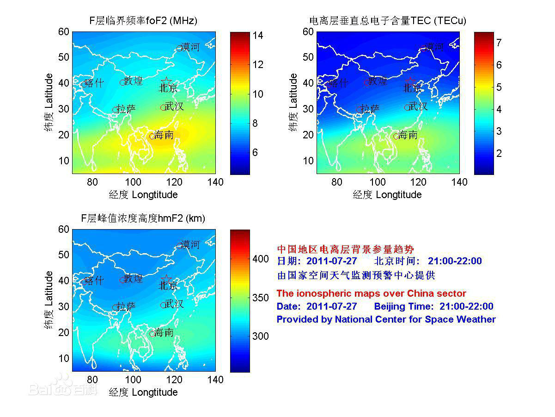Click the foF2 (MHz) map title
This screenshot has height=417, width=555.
click(x=143, y=21)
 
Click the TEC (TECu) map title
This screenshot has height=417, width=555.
click(x=387, y=21)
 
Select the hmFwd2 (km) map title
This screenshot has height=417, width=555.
click(x=143, y=218)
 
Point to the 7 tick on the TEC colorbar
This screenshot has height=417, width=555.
click(x=499, y=43)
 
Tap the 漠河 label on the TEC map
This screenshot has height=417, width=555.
click(x=434, y=47)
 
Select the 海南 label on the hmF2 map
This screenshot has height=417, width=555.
click(x=164, y=332)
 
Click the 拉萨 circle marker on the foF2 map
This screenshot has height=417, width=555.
click(x=116, y=110)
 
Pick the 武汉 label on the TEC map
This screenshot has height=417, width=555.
click(x=418, y=106)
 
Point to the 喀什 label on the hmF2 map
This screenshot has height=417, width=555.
click(x=94, y=280)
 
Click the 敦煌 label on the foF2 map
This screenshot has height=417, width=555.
click(x=134, y=81)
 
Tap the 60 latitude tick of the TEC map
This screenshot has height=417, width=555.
click(x=308, y=31)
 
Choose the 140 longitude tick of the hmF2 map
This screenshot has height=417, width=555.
click(x=215, y=380)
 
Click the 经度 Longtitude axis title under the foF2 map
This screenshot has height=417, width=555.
click(x=143, y=194)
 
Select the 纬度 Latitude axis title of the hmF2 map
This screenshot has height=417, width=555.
click(x=49, y=301)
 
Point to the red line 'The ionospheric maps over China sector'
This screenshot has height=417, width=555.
click(x=371, y=293)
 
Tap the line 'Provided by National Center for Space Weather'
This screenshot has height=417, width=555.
click(x=386, y=319)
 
